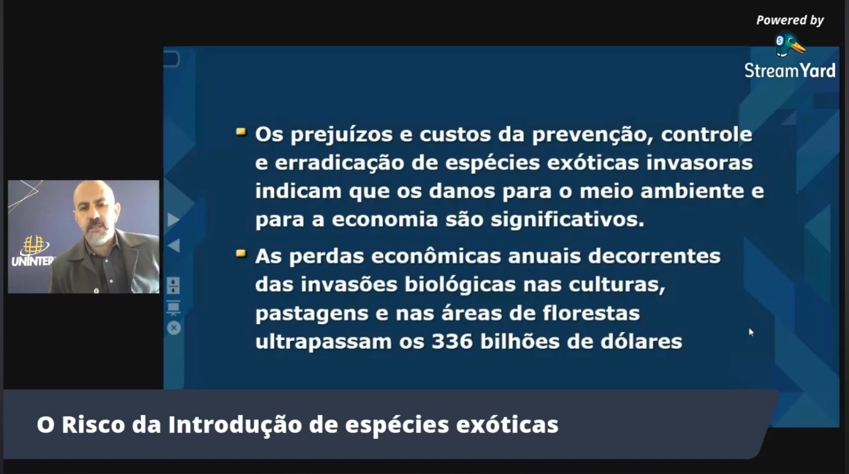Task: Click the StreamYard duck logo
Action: click(790, 45)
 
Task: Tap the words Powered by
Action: click(790, 20)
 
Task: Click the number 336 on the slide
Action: click(452, 341)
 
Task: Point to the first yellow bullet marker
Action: click(241, 131)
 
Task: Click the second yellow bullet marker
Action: click(241, 253)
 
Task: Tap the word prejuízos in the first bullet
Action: click(341, 135)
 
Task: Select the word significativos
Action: click(567, 219)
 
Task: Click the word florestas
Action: click(591, 313)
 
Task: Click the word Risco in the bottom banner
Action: click(93, 425)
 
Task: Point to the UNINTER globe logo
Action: click(33, 245)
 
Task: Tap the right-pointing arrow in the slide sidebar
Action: click(174, 219)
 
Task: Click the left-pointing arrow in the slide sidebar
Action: click(174, 245)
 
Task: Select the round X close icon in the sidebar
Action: click(174, 328)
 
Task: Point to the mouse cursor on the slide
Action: click(751, 332)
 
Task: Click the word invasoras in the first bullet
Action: click(699, 163)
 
